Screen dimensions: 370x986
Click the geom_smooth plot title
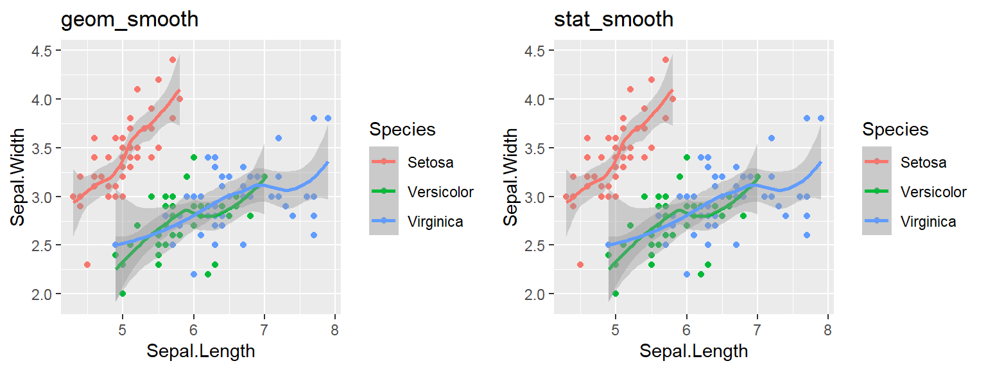pos(129,20)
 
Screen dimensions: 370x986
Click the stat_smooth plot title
pos(614,20)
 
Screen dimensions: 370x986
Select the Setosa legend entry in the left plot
pos(430,163)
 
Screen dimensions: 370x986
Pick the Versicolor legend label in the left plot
pos(440,192)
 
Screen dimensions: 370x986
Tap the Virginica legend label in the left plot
pos(435,222)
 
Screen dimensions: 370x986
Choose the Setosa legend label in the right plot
pos(923,163)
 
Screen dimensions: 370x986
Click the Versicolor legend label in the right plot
pos(933,192)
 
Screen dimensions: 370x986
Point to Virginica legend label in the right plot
pos(928,222)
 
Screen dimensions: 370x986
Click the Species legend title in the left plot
pos(402,130)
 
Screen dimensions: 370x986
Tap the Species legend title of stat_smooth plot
pos(895,130)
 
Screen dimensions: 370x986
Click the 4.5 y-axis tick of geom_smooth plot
pos(44,51)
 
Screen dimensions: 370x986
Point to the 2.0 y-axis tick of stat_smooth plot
pos(537,294)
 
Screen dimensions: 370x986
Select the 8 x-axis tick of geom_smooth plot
pos(335,331)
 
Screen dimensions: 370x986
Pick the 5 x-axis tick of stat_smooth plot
pos(616,331)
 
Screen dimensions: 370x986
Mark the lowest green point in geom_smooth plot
pos(123,294)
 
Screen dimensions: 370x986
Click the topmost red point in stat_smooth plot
pos(666,60)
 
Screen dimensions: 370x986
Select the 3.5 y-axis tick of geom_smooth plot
pos(44,148)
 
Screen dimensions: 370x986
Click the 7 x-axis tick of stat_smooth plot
pos(757,331)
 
